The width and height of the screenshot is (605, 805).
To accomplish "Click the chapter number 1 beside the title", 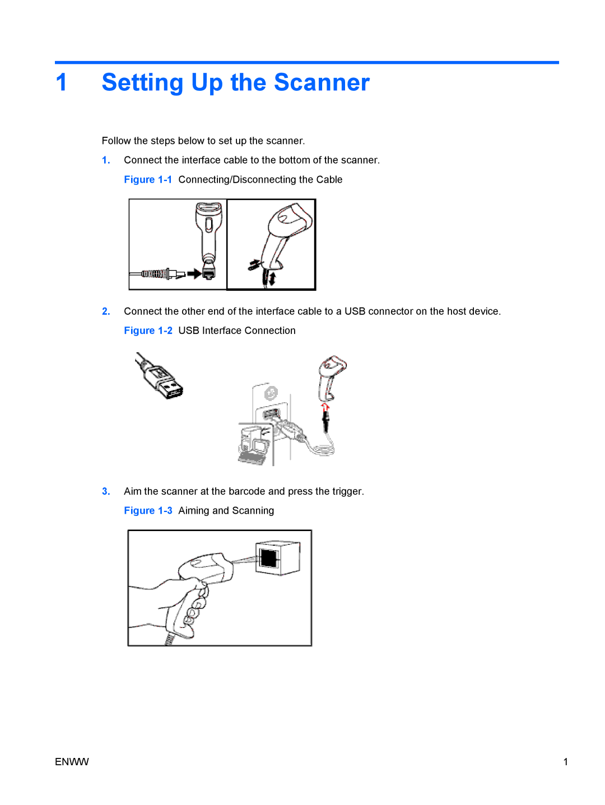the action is click(x=61, y=82).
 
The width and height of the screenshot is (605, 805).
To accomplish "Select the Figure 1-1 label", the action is click(x=148, y=179).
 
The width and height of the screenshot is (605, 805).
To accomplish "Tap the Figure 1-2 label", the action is click(x=148, y=331).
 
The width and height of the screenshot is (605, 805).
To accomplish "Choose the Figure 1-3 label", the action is click(x=148, y=510).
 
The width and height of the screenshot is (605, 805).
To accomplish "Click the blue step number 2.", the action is click(x=106, y=311).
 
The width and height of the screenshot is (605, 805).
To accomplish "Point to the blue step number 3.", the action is click(x=106, y=491).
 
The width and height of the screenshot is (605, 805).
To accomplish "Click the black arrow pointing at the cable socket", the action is click(x=194, y=273).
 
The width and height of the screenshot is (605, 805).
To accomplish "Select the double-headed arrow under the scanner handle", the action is click(x=272, y=278).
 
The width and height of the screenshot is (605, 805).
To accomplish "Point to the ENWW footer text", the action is click(x=72, y=762).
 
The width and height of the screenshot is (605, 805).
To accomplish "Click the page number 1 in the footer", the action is click(x=565, y=762).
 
